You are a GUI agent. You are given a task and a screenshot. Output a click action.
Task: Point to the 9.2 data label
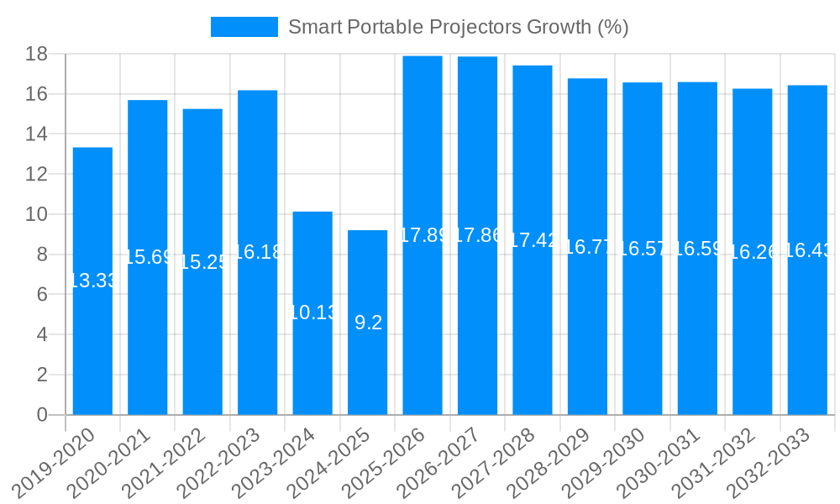tap(368, 323)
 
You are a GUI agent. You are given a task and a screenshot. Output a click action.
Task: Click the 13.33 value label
tap(92, 281)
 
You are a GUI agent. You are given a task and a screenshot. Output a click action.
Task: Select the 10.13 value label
tap(312, 313)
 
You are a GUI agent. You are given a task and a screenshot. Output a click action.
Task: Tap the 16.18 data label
tap(258, 252)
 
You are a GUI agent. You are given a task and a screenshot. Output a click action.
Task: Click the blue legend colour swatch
tap(244, 27)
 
